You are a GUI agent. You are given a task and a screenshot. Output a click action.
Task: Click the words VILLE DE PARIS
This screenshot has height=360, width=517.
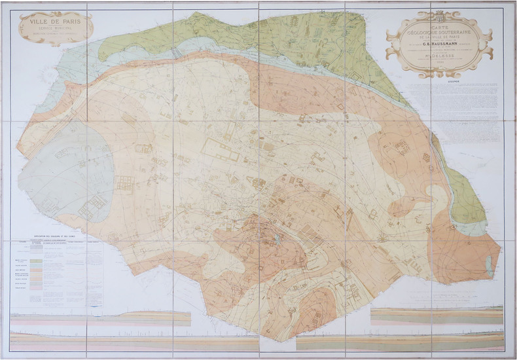pos(55,21)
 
